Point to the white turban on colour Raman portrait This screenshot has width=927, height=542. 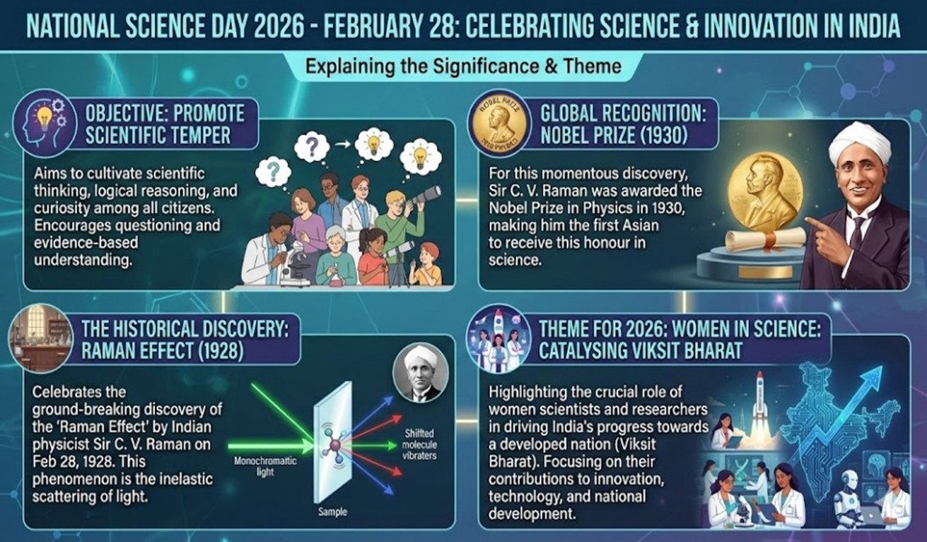859,141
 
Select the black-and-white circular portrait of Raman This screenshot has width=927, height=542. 421,373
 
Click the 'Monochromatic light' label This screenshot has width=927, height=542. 265,466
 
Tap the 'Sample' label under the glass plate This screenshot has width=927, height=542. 332,512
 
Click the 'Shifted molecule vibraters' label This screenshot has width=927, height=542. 419,444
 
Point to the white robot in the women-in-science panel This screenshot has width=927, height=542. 848,495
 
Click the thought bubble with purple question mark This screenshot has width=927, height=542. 312,147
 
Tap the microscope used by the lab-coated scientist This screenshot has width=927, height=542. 296,264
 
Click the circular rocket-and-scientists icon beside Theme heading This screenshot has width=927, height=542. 498,338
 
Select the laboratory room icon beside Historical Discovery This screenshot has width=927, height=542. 41,338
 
